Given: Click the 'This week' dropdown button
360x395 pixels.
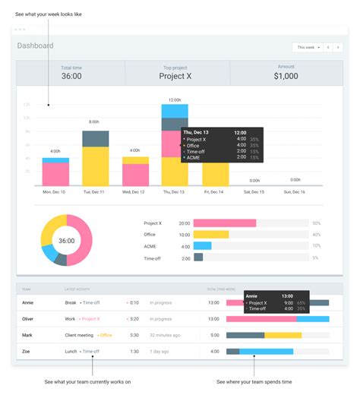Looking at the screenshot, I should (x=308, y=47).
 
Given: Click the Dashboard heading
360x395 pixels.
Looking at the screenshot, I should (x=36, y=46).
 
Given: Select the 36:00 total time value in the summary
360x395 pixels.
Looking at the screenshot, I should (x=71, y=76).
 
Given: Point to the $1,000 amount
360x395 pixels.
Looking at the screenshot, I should (x=287, y=76).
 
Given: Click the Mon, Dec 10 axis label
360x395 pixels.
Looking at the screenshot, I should (x=53, y=192).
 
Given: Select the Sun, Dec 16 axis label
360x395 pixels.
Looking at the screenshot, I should (x=294, y=192).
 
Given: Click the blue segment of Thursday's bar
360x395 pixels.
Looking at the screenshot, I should (x=175, y=111).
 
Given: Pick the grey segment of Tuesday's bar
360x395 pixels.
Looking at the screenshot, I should (x=95, y=138).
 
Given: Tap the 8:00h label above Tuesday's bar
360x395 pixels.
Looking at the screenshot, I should (x=94, y=122).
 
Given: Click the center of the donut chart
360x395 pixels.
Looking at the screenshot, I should (x=67, y=241).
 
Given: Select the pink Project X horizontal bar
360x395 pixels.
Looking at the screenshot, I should (x=225, y=223).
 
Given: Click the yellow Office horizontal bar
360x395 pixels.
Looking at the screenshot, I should (x=212, y=235).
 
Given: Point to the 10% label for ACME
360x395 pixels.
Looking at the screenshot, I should (x=316, y=246).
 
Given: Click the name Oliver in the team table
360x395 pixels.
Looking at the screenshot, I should (x=29, y=318).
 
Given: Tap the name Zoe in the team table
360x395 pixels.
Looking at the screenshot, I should (x=27, y=351).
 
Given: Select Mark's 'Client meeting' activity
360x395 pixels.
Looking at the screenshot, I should (x=79, y=335).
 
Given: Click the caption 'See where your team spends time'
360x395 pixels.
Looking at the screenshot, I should (x=254, y=381).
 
